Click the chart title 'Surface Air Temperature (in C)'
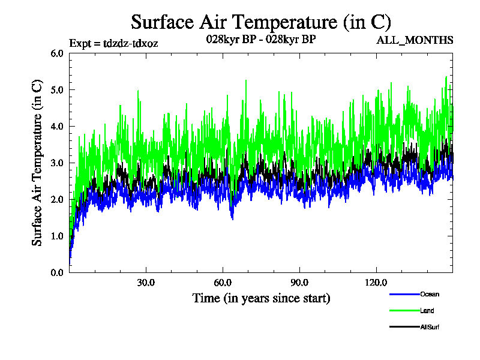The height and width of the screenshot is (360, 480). (261, 22)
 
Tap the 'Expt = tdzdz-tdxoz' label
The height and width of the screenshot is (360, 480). (114, 43)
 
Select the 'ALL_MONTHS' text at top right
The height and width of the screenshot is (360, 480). (415, 40)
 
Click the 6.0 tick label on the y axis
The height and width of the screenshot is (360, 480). (57, 53)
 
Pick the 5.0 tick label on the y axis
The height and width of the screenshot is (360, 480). (57, 89)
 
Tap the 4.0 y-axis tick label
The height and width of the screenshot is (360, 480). (57, 126)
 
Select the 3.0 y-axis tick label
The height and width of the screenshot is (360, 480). (57, 163)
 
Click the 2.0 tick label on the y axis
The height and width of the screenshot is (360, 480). (57, 199)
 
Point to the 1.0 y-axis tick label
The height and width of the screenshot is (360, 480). (57, 236)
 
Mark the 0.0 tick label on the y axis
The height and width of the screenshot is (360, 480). (57, 272)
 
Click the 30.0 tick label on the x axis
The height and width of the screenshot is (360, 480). (146, 283)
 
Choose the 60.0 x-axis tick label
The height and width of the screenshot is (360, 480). (223, 283)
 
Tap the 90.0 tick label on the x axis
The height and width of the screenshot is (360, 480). (299, 283)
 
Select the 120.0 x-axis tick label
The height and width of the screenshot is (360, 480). (376, 283)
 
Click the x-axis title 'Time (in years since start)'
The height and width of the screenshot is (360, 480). (261, 298)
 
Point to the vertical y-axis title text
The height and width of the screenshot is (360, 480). (37, 163)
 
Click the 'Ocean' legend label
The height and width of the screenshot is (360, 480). (430, 295)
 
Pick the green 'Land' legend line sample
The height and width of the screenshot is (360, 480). (404, 311)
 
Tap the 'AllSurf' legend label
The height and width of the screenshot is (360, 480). (430, 327)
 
